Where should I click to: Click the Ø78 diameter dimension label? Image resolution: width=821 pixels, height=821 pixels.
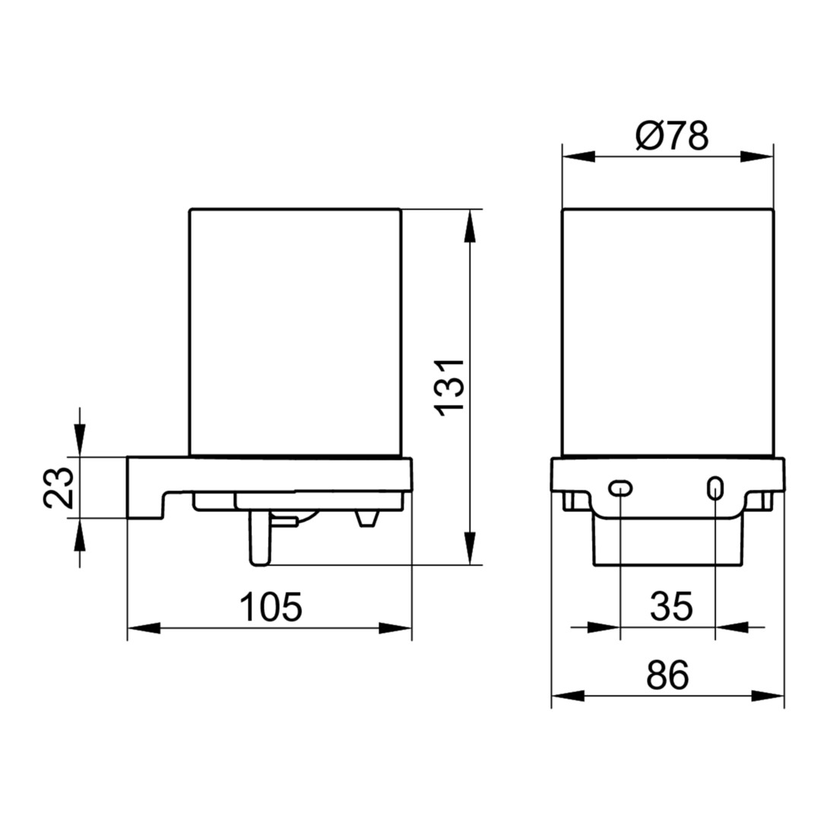tap(672, 135)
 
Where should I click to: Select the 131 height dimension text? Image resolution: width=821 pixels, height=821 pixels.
tap(450, 388)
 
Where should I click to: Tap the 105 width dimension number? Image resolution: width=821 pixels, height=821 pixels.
tap(271, 607)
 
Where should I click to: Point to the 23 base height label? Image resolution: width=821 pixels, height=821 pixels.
tap(58, 488)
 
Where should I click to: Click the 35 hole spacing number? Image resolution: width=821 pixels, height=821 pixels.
tap(671, 606)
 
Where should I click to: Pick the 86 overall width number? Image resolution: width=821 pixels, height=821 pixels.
tap(667, 676)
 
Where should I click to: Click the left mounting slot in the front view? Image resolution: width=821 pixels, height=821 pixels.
tap(620, 488)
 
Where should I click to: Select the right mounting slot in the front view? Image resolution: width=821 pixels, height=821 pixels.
tap(715, 488)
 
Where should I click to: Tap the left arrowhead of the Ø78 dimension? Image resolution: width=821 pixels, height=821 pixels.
tap(579, 157)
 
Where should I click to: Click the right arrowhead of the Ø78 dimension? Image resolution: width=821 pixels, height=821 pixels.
tap(757, 157)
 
